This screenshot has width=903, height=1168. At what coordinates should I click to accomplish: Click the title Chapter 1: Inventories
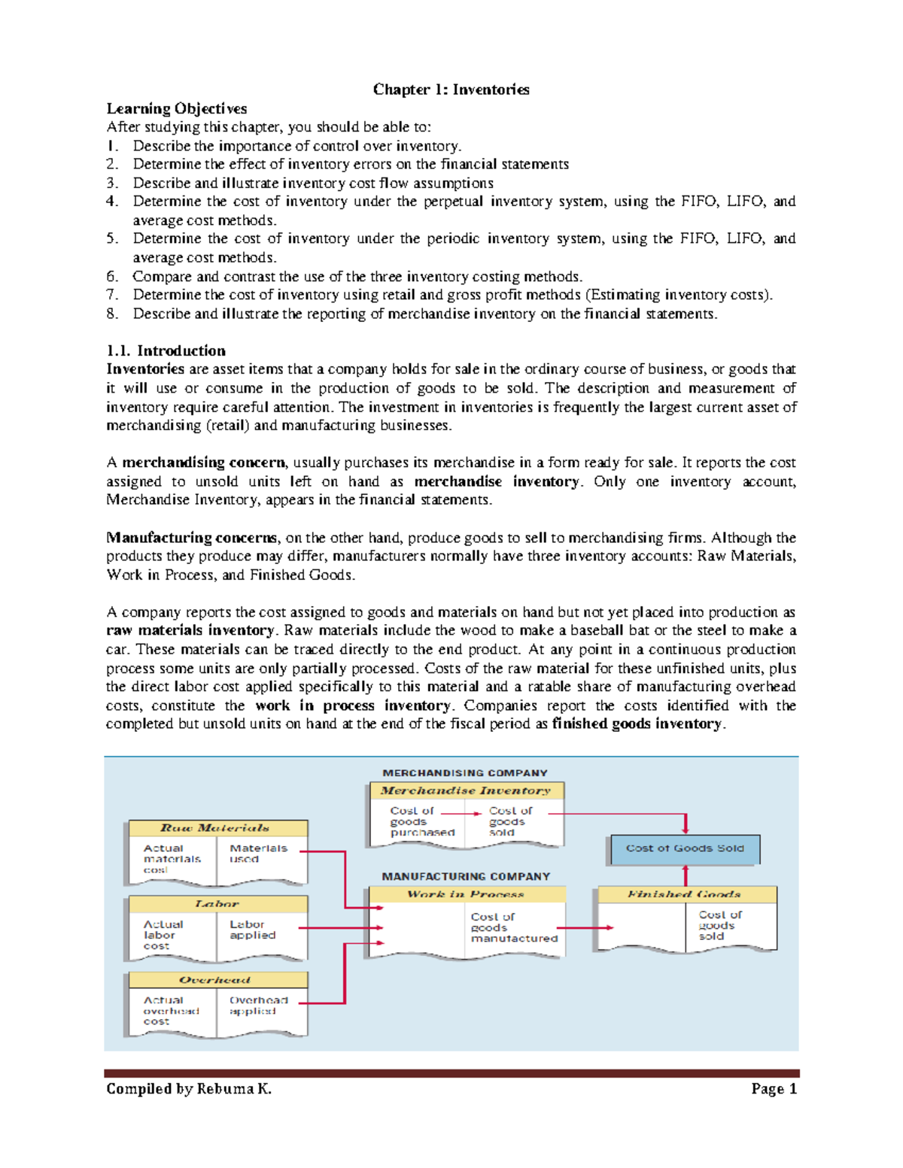(x=451, y=89)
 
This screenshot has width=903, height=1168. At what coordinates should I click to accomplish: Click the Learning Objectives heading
(x=176, y=108)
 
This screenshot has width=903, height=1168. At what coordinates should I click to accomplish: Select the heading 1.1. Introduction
(x=166, y=350)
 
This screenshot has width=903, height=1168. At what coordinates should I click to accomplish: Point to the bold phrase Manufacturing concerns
(x=192, y=537)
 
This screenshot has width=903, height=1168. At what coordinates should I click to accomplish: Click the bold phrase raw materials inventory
(x=190, y=630)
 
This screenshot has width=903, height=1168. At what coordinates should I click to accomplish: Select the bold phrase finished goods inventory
(x=637, y=724)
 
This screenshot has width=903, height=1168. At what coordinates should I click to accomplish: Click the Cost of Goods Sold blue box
(x=685, y=848)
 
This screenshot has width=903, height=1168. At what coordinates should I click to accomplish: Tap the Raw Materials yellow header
(x=217, y=828)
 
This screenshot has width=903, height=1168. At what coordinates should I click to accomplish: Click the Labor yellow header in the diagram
(x=217, y=903)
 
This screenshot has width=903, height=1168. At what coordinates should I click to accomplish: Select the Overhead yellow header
(x=217, y=980)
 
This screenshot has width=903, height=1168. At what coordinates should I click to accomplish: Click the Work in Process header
(x=466, y=894)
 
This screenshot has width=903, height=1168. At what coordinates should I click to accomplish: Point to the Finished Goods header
(x=685, y=894)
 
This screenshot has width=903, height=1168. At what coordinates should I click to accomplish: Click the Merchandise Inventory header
(x=466, y=790)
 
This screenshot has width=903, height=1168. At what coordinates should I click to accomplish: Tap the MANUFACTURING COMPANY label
(x=466, y=876)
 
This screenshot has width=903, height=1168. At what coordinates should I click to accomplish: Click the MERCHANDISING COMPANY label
(x=465, y=772)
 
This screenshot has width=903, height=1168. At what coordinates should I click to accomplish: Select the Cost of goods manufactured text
(x=513, y=927)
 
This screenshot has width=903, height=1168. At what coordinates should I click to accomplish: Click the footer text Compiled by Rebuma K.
(x=189, y=1088)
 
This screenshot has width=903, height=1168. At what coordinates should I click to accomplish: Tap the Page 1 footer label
(x=773, y=1088)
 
